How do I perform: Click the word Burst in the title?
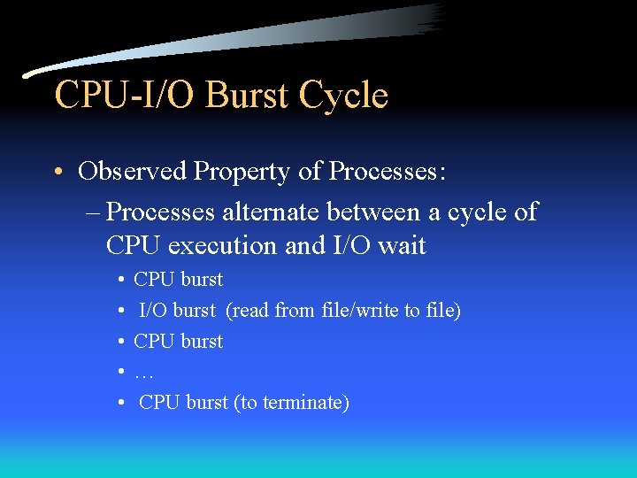click(x=249, y=96)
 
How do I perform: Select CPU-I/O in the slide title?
click(x=127, y=96)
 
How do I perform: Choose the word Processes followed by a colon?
click(x=388, y=171)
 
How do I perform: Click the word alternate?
click(x=270, y=212)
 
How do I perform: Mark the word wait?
click(x=403, y=246)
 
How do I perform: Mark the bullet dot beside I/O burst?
click(x=119, y=312)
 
